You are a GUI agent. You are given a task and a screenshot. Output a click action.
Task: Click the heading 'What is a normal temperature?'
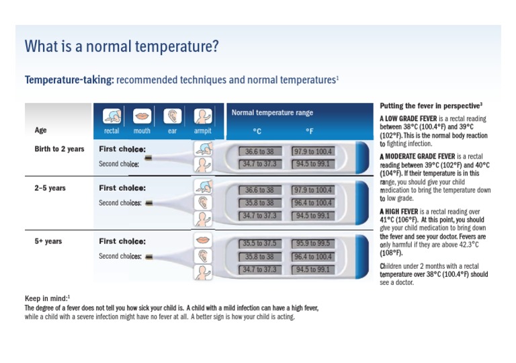click(x=122, y=46)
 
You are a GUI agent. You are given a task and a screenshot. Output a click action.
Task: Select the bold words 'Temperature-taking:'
click(x=69, y=80)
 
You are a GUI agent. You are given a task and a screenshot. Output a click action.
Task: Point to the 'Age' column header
click(x=41, y=130)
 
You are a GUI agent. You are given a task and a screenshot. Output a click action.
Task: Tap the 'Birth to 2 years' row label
click(x=59, y=149)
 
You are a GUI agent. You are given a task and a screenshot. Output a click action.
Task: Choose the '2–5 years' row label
click(x=50, y=188)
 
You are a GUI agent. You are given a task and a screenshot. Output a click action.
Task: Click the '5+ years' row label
click(x=48, y=241)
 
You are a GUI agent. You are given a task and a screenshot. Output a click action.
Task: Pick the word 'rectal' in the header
click(x=112, y=131)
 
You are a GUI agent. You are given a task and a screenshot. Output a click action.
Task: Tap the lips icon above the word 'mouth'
click(x=142, y=116)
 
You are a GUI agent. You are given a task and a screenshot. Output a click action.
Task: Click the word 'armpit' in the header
click(x=202, y=131)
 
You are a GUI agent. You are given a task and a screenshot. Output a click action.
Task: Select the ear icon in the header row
click(x=173, y=116)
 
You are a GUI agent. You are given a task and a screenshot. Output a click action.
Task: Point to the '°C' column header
click(x=257, y=131)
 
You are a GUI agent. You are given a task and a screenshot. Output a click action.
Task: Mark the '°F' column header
click(x=309, y=131)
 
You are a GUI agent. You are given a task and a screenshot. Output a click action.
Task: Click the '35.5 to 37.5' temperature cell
click(x=259, y=243)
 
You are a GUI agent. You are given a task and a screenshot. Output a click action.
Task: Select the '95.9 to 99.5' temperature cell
click(x=312, y=243)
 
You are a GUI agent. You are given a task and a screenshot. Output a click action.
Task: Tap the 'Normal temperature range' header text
click(x=272, y=113)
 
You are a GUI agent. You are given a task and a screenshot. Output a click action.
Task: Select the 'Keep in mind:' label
click(x=46, y=298)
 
